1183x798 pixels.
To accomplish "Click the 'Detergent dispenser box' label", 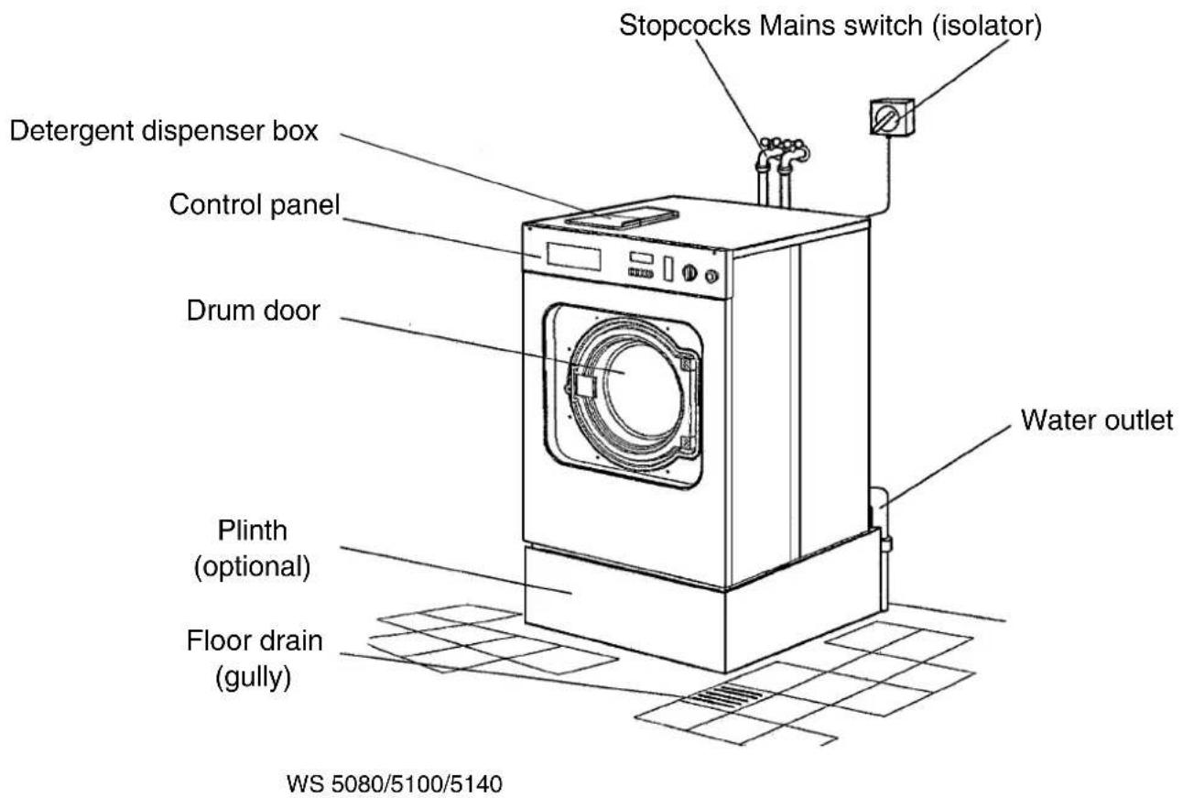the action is pyautogui.click(x=164, y=131).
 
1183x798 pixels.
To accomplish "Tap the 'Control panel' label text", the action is pyautogui.click(x=254, y=205).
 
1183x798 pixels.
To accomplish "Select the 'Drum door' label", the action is pyautogui.click(x=254, y=311).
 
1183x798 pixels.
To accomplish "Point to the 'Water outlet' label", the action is pyautogui.click(x=1096, y=421).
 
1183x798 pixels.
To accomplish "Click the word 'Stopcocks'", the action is pyautogui.click(x=685, y=26).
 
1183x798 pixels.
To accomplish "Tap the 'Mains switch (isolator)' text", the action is pyautogui.click(x=900, y=26).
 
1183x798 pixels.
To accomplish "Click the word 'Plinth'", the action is pyautogui.click(x=253, y=530).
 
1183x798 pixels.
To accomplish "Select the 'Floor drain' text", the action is pyautogui.click(x=255, y=640).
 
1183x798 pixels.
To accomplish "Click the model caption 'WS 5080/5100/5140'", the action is pyautogui.click(x=395, y=783).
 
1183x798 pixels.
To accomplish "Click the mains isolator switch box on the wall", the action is pyautogui.click(x=892, y=116).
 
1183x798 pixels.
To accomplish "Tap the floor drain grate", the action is pyautogui.click(x=724, y=695).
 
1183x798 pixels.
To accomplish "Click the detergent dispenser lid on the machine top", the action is pyautogui.click(x=622, y=217).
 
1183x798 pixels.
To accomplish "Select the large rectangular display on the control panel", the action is pyautogui.click(x=573, y=257).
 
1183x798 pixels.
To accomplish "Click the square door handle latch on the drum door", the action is pyautogui.click(x=585, y=384).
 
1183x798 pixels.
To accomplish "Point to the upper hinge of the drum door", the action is pyautogui.click(x=687, y=363).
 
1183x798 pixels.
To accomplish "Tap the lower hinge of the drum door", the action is pyautogui.click(x=686, y=443).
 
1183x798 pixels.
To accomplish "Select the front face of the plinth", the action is pyautogui.click(x=624, y=607).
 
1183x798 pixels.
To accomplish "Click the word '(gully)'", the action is pyautogui.click(x=254, y=677).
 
